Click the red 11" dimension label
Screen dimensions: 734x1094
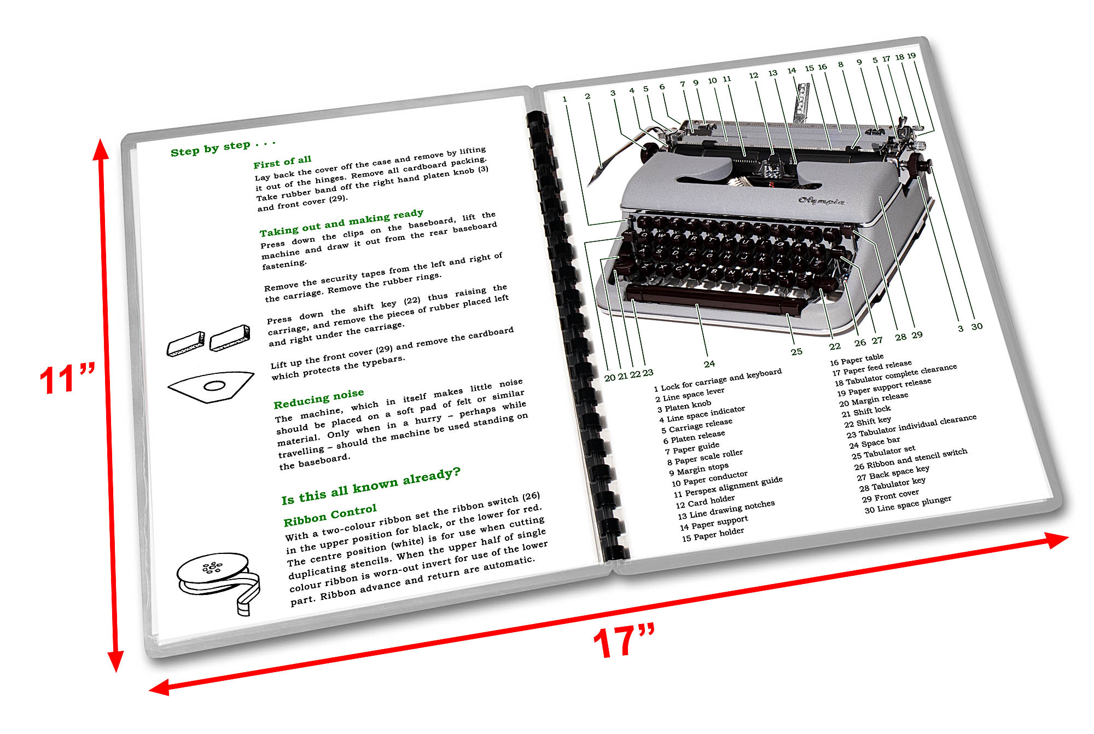(67, 379)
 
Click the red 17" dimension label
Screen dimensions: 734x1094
(624, 641)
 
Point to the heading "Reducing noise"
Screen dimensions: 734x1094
(318, 399)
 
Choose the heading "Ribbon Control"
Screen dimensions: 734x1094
(330, 515)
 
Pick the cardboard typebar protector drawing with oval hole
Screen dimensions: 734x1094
(211, 386)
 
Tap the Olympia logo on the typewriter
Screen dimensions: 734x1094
(821, 201)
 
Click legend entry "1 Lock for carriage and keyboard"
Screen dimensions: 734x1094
(718, 380)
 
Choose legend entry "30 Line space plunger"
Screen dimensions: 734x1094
(907, 504)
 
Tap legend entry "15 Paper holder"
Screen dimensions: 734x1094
(713, 534)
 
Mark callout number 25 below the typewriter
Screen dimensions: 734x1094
(796, 352)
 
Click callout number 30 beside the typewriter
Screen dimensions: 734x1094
(977, 327)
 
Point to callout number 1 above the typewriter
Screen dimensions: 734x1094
(565, 99)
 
